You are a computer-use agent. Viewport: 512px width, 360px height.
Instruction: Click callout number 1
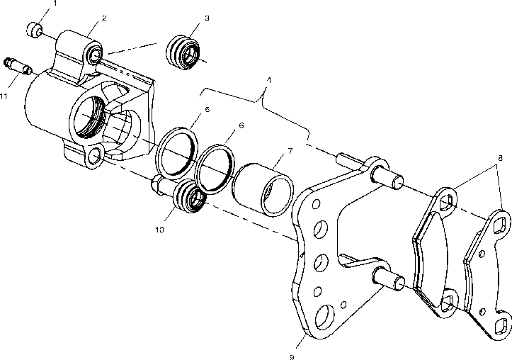[x=56, y=3]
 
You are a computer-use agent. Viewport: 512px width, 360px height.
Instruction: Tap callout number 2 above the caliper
[x=104, y=18]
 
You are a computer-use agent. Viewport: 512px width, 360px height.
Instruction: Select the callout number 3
[x=206, y=17]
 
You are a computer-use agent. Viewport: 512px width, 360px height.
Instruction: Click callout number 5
[x=206, y=110]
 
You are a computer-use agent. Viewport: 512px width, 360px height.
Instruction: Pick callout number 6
[x=241, y=125]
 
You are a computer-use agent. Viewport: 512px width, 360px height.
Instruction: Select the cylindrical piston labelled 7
[x=262, y=188]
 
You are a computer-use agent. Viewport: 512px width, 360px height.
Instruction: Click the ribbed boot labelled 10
[x=189, y=198]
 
